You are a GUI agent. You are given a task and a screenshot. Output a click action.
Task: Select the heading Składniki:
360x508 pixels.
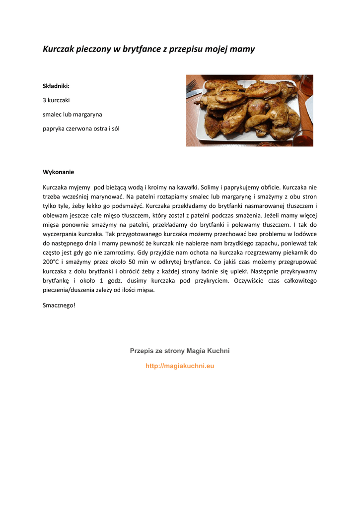pyautogui.click(x=56, y=86)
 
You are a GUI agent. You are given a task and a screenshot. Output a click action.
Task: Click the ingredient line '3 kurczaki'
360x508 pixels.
pyautogui.click(x=56, y=100)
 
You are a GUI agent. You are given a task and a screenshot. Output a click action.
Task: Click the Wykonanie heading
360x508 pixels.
pyautogui.click(x=58, y=172)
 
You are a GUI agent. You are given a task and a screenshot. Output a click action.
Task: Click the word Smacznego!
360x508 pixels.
pyautogui.click(x=59, y=305)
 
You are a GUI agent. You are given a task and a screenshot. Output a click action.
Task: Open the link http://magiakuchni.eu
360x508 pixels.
pyautogui.click(x=180, y=366)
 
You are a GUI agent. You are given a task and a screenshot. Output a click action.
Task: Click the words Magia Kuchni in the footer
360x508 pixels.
pyautogui.click(x=208, y=351)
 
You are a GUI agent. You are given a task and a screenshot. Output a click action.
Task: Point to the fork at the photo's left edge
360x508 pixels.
pyautogui.click(x=191, y=87)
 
